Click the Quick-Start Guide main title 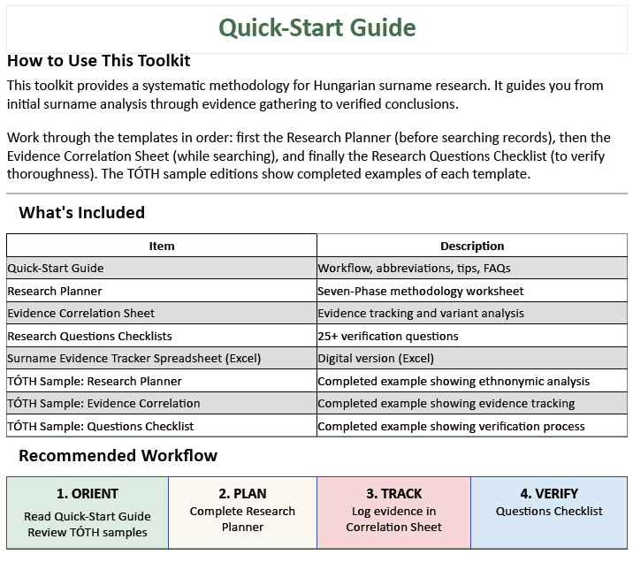[x=316, y=27]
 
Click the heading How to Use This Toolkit [x=98, y=61]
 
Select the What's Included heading [x=81, y=212]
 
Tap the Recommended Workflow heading [x=118, y=456]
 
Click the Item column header [x=162, y=246]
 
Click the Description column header [x=472, y=246]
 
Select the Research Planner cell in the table [x=55, y=291]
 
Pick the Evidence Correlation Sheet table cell [x=81, y=313]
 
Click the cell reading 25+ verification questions [x=388, y=336]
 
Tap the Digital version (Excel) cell [x=376, y=358]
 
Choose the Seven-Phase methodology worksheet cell [x=421, y=291]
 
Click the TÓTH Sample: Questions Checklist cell [x=101, y=426]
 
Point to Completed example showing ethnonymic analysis [x=454, y=381]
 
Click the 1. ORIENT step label [x=88, y=494]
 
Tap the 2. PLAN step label [x=242, y=494]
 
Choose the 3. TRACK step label [x=394, y=494]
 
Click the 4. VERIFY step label [x=549, y=494]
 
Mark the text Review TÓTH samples [x=88, y=532]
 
